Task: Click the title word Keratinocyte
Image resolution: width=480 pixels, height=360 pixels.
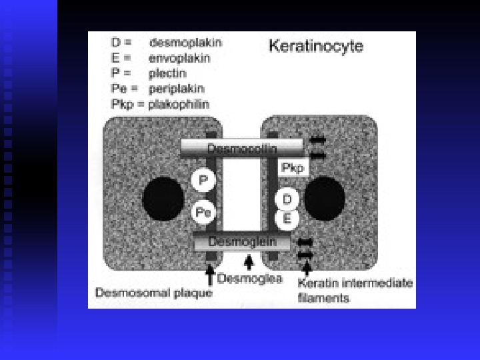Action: [x=315, y=46]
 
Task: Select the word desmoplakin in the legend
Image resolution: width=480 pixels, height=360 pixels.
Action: [x=185, y=43]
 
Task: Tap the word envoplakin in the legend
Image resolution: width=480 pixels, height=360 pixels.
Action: [x=179, y=57]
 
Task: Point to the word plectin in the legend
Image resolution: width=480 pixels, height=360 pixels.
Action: [x=167, y=73]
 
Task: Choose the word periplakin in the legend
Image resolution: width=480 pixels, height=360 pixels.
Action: [x=176, y=89]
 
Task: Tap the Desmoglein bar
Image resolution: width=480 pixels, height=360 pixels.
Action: [x=241, y=242]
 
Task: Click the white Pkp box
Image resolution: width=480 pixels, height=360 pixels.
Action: [x=293, y=168]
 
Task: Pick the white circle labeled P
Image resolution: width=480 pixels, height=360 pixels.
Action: [x=203, y=181]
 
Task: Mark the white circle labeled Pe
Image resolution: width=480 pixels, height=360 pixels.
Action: [x=203, y=213]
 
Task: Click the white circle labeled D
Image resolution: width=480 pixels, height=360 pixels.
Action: [x=287, y=199]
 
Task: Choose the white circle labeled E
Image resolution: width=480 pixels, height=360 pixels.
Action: [x=287, y=218]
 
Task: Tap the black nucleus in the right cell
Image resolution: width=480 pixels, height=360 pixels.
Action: [x=326, y=198]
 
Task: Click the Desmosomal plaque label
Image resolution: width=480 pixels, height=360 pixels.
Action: [x=154, y=292]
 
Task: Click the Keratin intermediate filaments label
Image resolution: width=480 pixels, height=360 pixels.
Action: [x=355, y=291]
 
